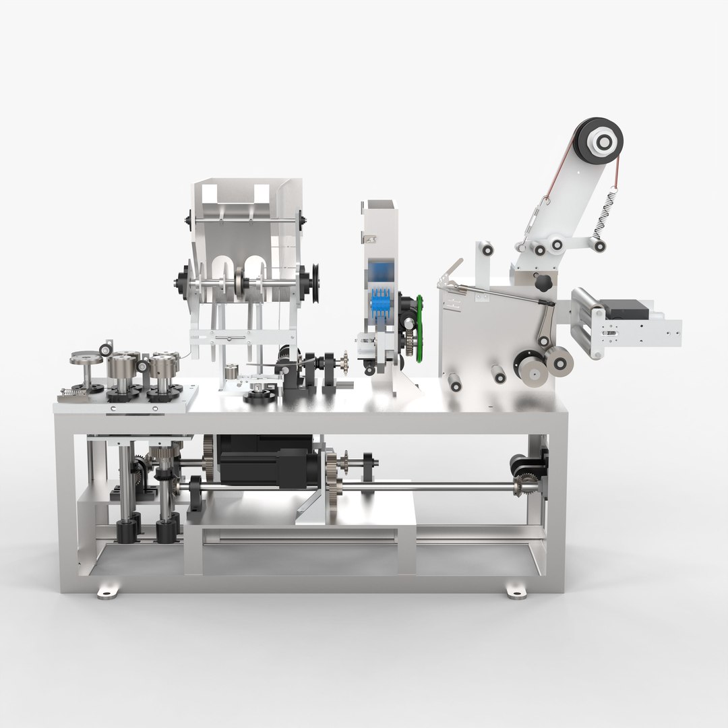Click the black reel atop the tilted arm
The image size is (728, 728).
(599, 141)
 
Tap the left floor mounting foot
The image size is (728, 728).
(107, 592)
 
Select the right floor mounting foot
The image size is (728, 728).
(516, 591)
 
